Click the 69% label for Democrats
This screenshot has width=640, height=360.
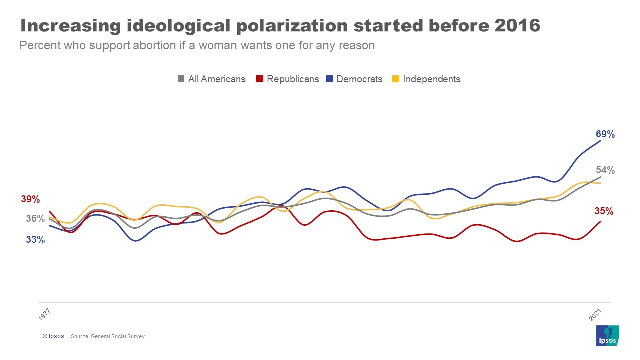(x=605, y=134)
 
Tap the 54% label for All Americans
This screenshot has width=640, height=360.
(x=605, y=170)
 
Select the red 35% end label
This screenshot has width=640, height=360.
(x=604, y=211)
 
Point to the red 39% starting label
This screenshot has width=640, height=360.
(x=30, y=199)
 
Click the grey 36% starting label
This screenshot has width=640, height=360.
(x=35, y=219)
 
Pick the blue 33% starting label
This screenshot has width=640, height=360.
(x=35, y=240)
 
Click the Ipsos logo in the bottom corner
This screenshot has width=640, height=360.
(x=608, y=335)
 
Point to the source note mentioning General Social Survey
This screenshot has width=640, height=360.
(x=108, y=336)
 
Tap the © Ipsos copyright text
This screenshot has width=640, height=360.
(x=53, y=336)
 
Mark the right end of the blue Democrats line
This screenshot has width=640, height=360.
(x=600, y=141)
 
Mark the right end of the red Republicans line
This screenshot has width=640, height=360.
(x=600, y=221)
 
